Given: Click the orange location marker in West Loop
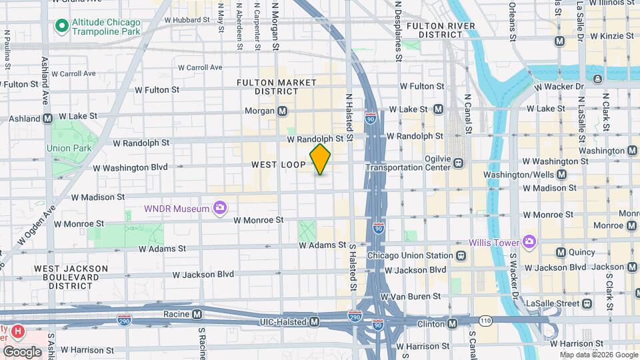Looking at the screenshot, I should tap(321, 159).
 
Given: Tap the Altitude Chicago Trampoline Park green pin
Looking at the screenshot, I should tap(61, 26).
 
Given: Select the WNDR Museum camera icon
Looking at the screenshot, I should tap(219, 209).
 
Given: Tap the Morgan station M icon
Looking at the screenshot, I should tap(283, 111).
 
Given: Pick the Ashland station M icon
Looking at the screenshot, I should tap(47, 119).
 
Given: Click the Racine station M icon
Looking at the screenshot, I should tap(197, 314).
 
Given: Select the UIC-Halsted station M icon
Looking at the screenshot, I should tap(314, 322).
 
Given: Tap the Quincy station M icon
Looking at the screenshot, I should tap(560, 252).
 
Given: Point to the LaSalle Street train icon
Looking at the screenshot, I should tap(587, 303).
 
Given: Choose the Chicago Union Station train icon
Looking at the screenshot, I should tap(461, 255).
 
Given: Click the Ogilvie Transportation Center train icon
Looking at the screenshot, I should tap(458, 161).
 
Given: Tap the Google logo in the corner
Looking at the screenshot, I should tap(22, 351).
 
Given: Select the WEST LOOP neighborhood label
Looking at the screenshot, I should tap(278, 164).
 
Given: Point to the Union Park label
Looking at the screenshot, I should tap(67, 148).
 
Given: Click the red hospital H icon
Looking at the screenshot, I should tap(18, 331).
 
